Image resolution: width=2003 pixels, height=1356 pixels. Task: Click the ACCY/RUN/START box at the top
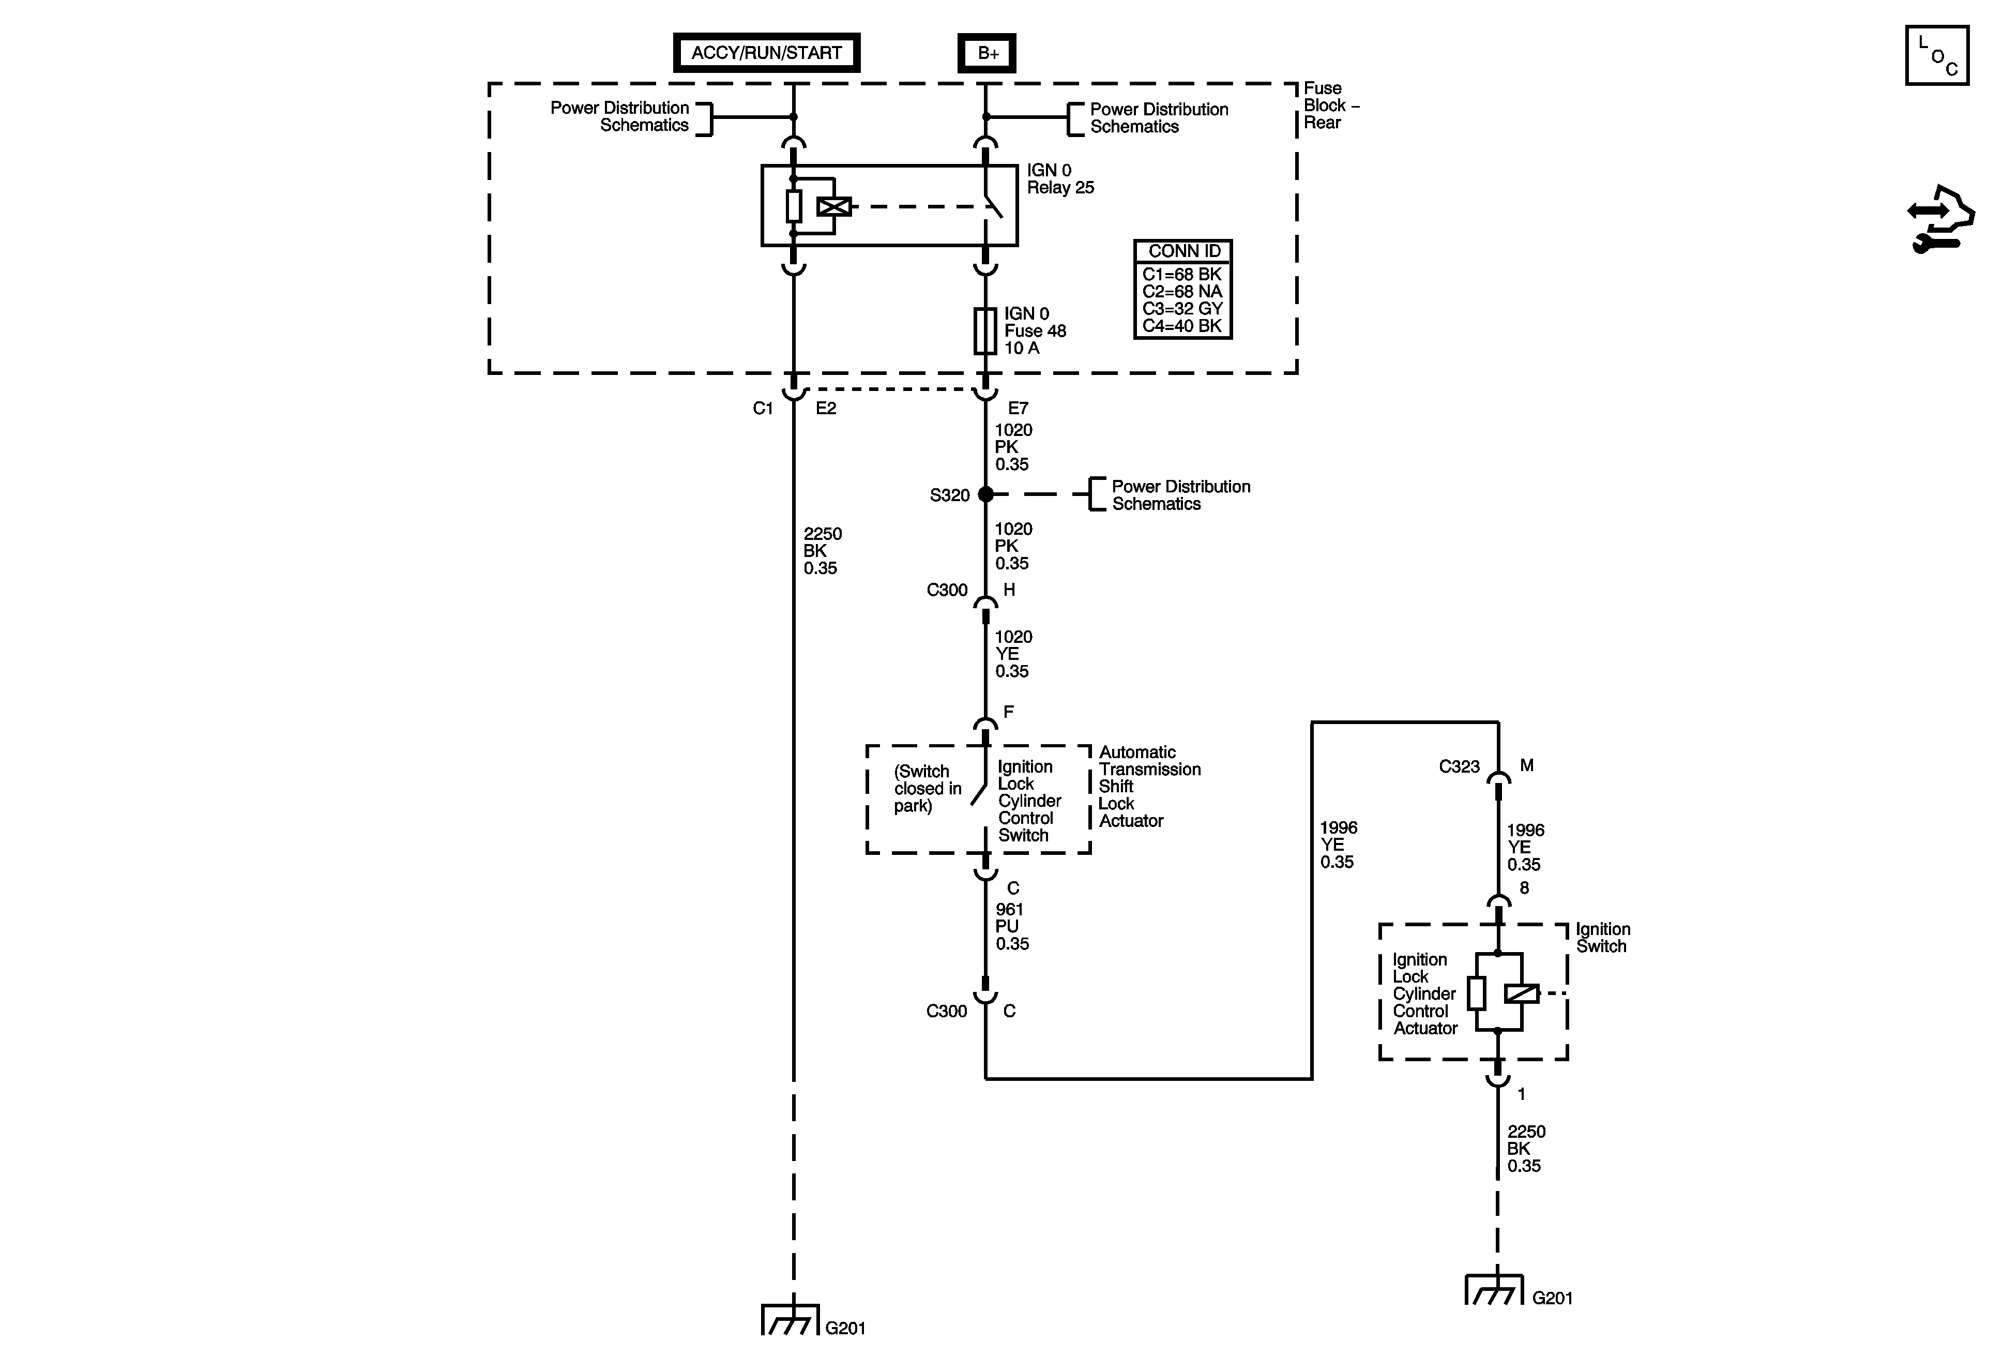coord(766,53)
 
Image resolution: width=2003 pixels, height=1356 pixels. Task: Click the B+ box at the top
coord(987,53)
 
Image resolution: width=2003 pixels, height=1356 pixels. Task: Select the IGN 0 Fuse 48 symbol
coord(985,331)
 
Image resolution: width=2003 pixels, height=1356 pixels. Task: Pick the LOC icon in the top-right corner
coord(1937,56)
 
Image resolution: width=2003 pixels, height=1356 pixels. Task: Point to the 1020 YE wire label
coord(1013,653)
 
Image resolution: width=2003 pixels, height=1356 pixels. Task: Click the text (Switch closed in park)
coord(927,789)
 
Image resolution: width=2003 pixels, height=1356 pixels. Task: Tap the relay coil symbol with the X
coord(833,207)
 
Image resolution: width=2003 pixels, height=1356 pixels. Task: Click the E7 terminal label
coord(1018,408)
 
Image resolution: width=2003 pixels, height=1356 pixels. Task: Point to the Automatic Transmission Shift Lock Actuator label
coord(1149,786)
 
